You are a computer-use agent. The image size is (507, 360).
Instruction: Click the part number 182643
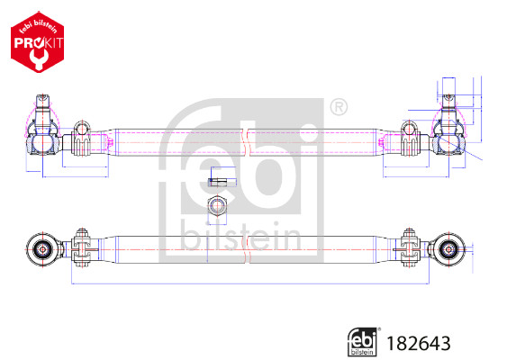tap(419, 342)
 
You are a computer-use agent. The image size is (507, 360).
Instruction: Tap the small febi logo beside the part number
tap(361, 341)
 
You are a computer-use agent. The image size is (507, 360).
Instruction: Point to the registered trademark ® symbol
tap(338, 108)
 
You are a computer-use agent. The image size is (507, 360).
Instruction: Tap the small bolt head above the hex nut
tap(216, 177)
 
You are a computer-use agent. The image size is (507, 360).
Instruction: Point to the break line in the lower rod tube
tap(245, 250)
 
